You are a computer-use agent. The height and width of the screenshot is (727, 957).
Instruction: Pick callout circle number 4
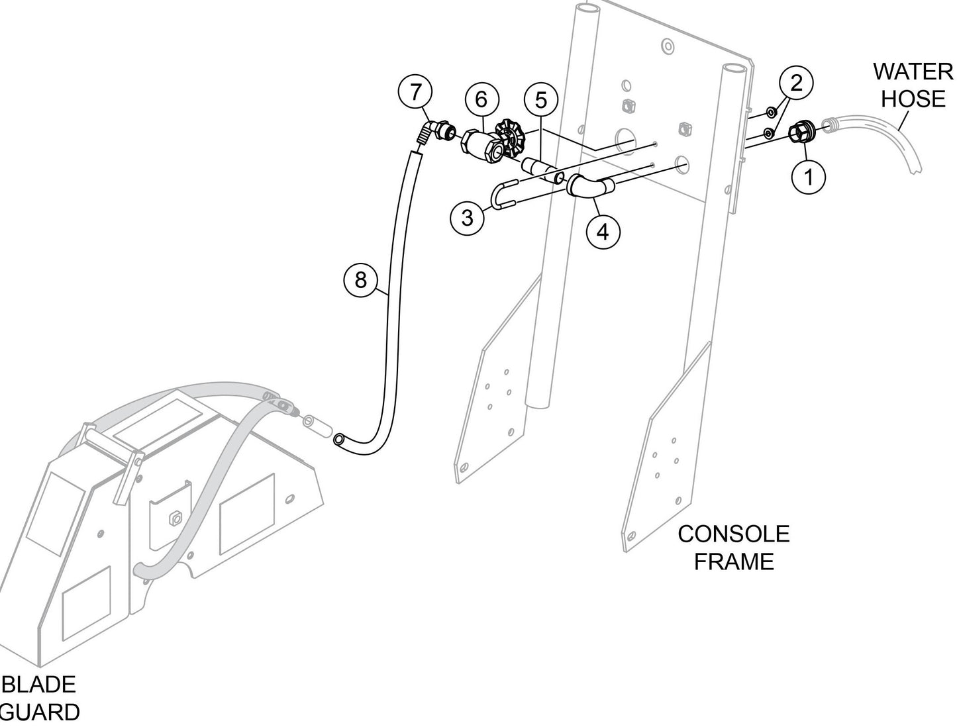(x=603, y=232)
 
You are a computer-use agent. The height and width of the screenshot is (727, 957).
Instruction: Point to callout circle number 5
(x=541, y=101)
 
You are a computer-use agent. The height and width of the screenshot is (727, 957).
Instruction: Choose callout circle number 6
(x=481, y=99)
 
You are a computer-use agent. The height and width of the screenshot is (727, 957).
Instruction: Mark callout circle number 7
(x=415, y=92)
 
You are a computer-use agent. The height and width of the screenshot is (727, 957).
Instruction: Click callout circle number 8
(x=360, y=280)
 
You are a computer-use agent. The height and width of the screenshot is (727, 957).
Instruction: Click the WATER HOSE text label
(x=913, y=85)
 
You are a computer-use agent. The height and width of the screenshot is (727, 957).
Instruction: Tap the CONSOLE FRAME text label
(x=733, y=548)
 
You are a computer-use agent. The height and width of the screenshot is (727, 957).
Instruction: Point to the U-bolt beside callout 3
(x=507, y=196)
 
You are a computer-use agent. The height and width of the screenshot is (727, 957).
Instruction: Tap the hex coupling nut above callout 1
(x=803, y=131)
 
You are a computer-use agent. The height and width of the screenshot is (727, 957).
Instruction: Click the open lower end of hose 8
(x=339, y=439)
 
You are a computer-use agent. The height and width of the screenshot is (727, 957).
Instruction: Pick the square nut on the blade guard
(x=176, y=518)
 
